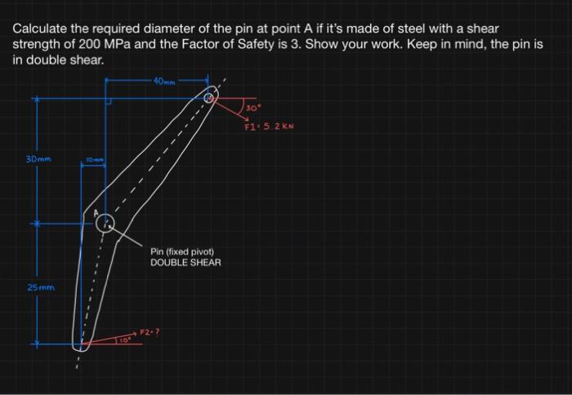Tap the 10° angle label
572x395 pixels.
(x=125, y=338)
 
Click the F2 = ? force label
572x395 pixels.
(x=149, y=331)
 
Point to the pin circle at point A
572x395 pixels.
(x=105, y=224)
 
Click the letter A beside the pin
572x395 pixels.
(x=95, y=215)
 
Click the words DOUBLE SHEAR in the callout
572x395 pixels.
(x=185, y=263)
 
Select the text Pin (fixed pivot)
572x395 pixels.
(x=182, y=251)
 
